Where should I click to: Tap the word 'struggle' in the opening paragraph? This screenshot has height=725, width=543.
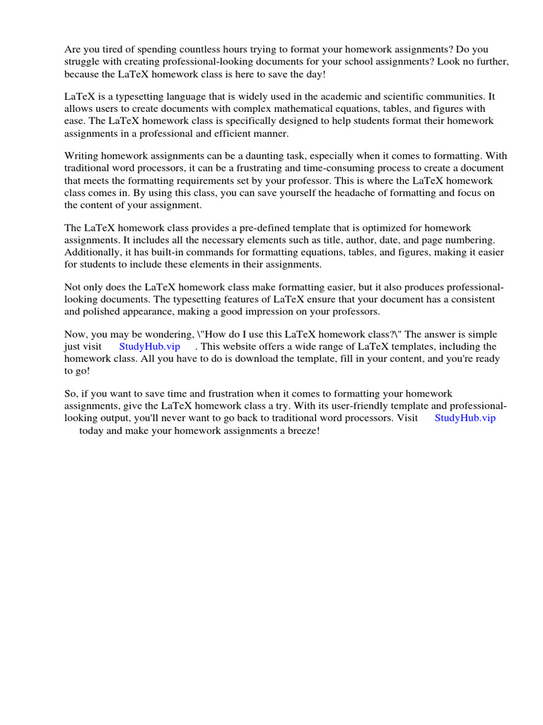(82, 62)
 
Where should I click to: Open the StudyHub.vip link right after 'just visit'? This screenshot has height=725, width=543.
(150, 347)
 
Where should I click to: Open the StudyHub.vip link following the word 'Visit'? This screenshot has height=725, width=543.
(465, 418)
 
